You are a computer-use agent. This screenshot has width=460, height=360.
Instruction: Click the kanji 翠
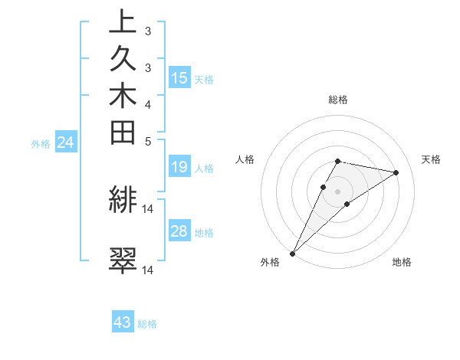tap(123, 261)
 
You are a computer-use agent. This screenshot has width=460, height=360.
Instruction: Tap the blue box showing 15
tap(179, 77)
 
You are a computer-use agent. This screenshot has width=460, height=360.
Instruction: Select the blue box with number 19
tap(179, 168)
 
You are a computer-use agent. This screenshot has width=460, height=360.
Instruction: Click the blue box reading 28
tap(179, 231)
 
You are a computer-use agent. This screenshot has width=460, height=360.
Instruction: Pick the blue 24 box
tap(66, 142)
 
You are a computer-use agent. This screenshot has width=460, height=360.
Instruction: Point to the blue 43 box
tap(123, 322)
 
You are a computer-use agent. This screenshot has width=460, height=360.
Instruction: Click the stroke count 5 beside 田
tap(148, 140)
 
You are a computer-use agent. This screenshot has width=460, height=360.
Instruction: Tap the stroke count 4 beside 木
tap(148, 103)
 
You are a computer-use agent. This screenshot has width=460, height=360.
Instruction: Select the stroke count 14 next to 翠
tap(148, 270)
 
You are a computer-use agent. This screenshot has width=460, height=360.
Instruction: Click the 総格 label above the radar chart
tap(338, 100)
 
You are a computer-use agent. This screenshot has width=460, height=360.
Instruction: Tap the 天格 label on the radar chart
tap(431, 159)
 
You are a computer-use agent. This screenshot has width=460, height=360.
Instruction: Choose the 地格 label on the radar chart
tap(402, 262)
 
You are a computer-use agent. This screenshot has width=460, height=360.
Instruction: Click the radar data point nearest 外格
tap(293, 253)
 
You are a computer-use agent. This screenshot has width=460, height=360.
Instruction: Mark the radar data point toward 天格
tap(396, 172)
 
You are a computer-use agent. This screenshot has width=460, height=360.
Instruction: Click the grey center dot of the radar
tap(338, 191)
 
